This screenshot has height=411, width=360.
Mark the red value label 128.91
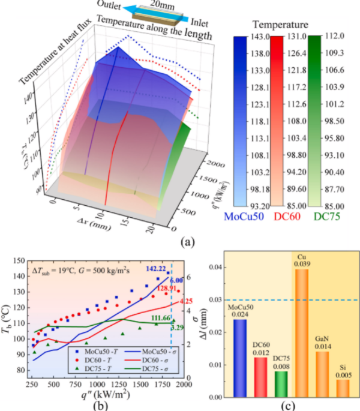(x=163, y=289)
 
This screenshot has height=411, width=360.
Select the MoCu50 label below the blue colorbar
(x=245, y=217)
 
